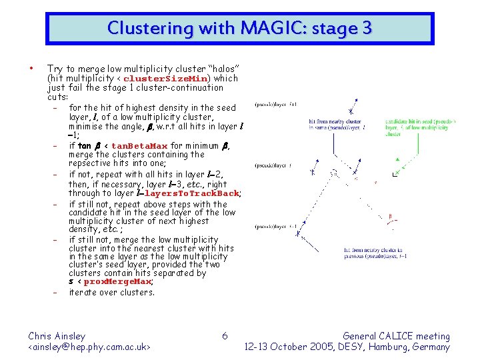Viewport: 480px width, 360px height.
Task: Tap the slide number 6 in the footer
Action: click(225, 336)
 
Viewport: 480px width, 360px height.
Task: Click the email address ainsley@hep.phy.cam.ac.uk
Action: click(89, 347)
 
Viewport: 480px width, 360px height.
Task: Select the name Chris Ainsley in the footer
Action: click(57, 336)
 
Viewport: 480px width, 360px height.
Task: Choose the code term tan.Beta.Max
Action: click(139, 146)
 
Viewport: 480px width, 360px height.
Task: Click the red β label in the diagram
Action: click(391, 215)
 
